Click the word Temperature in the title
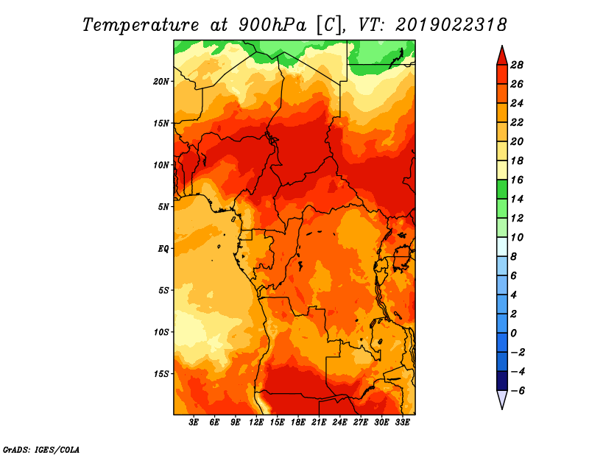tap(141, 25)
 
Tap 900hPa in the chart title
tap(272, 25)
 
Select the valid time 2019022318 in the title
tap(451, 24)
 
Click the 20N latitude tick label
tap(161, 81)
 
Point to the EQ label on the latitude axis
tap(163, 249)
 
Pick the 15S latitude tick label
tap(161, 374)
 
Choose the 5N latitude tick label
tap(163, 207)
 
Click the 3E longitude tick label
tap(194, 422)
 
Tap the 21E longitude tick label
tap(319, 422)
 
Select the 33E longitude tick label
tap(402, 422)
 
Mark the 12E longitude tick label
tap(256, 422)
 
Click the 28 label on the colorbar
tap(517, 65)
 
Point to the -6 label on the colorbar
tap(517, 391)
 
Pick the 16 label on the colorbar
tap(517, 180)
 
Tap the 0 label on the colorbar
tap(513, 334)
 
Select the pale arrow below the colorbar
tap(502, 399)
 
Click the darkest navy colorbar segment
tap(502, 381)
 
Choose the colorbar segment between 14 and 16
tap(502, 189)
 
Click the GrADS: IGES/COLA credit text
tap(41, 450)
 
